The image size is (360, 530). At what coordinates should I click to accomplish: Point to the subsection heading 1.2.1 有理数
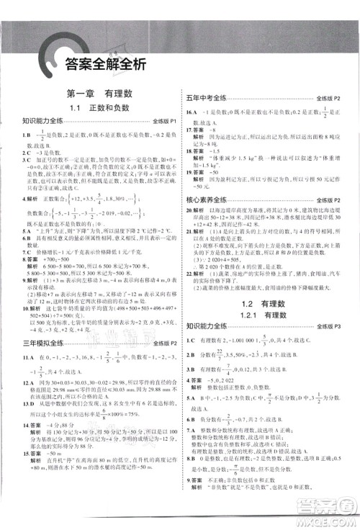click(x=268, y=297)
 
